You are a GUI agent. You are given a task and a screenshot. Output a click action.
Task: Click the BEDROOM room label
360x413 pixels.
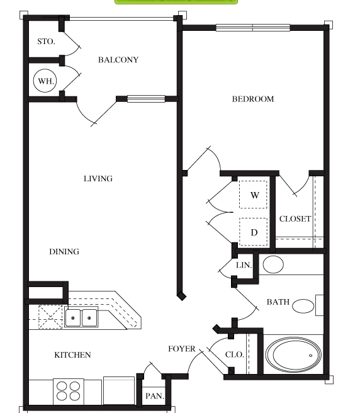pos(253,99)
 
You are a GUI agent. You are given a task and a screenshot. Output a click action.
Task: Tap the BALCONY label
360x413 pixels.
pos(118,60)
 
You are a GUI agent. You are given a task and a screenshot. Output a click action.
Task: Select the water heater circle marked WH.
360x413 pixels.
pos(45,81)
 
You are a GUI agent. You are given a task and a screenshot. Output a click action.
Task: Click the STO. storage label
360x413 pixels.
pos(46,42)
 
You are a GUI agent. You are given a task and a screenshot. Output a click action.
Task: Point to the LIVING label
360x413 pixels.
pos(98,179)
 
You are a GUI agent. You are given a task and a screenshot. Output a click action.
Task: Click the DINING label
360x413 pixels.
pos(64,252)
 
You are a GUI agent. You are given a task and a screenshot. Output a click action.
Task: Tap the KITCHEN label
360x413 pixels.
pos(72,355)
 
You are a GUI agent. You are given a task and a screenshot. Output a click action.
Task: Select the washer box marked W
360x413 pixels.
pos(253,195)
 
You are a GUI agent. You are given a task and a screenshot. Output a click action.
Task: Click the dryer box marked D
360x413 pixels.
pos(253,232)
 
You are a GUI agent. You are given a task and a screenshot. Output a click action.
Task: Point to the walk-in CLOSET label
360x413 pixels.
pos(295,218)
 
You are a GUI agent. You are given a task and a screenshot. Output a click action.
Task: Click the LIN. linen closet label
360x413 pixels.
pos(244,265)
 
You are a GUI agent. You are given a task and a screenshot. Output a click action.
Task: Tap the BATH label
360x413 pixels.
pos(278,302)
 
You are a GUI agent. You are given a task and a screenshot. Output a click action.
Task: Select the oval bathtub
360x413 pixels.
pos(293,354)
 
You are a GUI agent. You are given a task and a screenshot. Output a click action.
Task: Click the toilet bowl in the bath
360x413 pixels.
pos(303,306)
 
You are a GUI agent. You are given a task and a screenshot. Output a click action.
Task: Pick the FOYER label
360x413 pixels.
pos(182,349)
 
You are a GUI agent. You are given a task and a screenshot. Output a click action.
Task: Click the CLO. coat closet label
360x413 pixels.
pos(234,354)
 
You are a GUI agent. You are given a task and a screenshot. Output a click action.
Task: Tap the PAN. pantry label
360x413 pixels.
pos(155,396)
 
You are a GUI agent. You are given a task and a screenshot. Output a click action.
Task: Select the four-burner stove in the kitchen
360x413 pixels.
pos(69,392)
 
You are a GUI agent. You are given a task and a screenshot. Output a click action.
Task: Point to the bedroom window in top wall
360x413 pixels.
pos(253,28)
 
